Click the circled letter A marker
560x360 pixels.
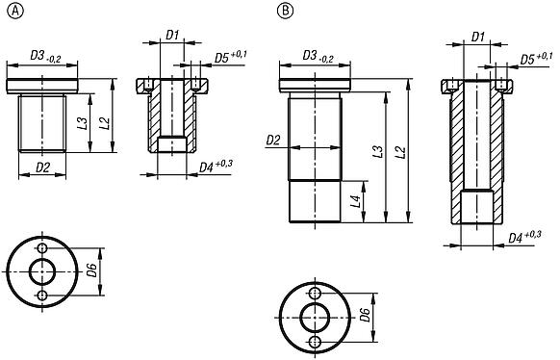pyautogui.click(x=15, y=12)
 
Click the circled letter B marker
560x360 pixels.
pyautogui.click(x=285, y=12)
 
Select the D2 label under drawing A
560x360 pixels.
pyautogui.click(x=43, y=167)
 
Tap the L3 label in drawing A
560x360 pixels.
pyautogui.click(x=83, y=123)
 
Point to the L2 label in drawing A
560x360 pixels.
pyautogui.click(x=105, y=123)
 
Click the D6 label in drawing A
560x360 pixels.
pyautogui.click(x=92, y=270)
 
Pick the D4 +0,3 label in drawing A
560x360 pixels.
pyautogui.click(x=216, y=167)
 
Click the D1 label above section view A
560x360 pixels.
pyautogui.click(x=172, y=35)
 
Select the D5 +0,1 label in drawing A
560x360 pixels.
pyautogui.click(x=230, y=57)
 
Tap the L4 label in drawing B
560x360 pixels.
pyautogui.click(x=355, y=201)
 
